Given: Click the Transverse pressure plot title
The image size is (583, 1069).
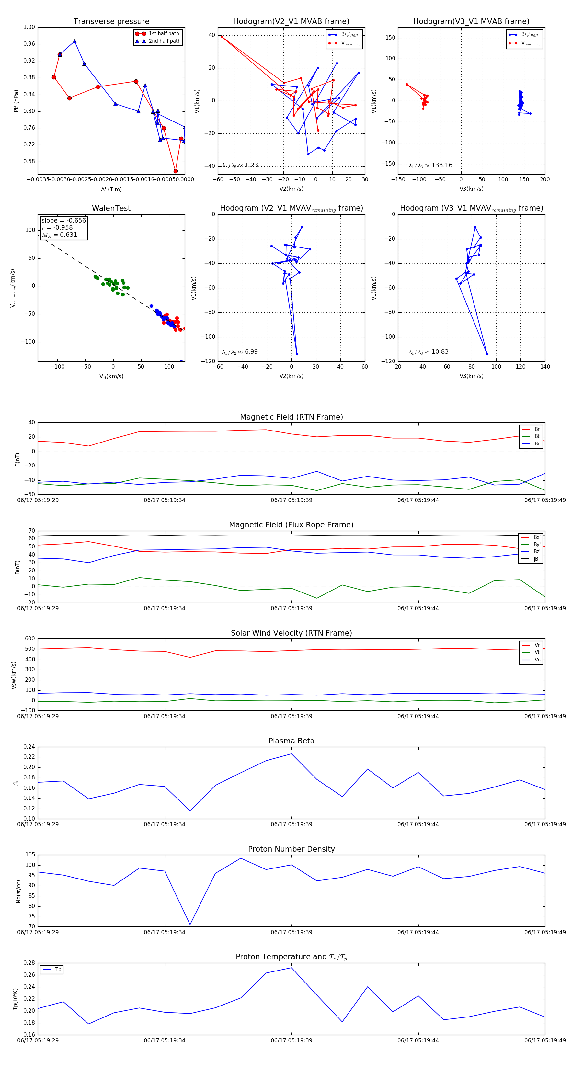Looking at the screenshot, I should [x=111, y=22].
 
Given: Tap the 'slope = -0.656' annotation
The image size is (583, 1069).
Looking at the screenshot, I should [x=63, y=220].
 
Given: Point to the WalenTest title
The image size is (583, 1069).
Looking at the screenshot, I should [x=111, y=208].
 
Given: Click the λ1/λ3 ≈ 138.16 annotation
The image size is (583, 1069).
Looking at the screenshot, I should [x=430, y=165].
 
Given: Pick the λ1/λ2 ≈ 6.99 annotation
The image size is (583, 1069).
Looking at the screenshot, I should [x=240, y=352].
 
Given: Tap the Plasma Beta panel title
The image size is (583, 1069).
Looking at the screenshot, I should [x=291, y=741].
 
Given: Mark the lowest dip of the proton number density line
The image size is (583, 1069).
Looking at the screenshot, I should [x=190, y=924].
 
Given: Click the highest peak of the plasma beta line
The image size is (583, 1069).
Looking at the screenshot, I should [x=291, y=753].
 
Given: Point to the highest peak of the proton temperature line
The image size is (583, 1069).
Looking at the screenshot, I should [x=291, y=968].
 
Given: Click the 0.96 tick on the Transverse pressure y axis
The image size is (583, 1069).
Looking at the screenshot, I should [x=29, y=44].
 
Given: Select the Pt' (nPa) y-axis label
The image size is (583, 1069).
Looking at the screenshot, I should [x=16, y=101].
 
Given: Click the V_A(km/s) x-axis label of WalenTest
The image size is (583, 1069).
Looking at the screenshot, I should [x=111, y=376].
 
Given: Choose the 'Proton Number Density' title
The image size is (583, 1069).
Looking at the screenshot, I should [x=291, y=849].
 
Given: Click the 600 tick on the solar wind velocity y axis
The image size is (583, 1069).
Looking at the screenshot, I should [x=30, y=639].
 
